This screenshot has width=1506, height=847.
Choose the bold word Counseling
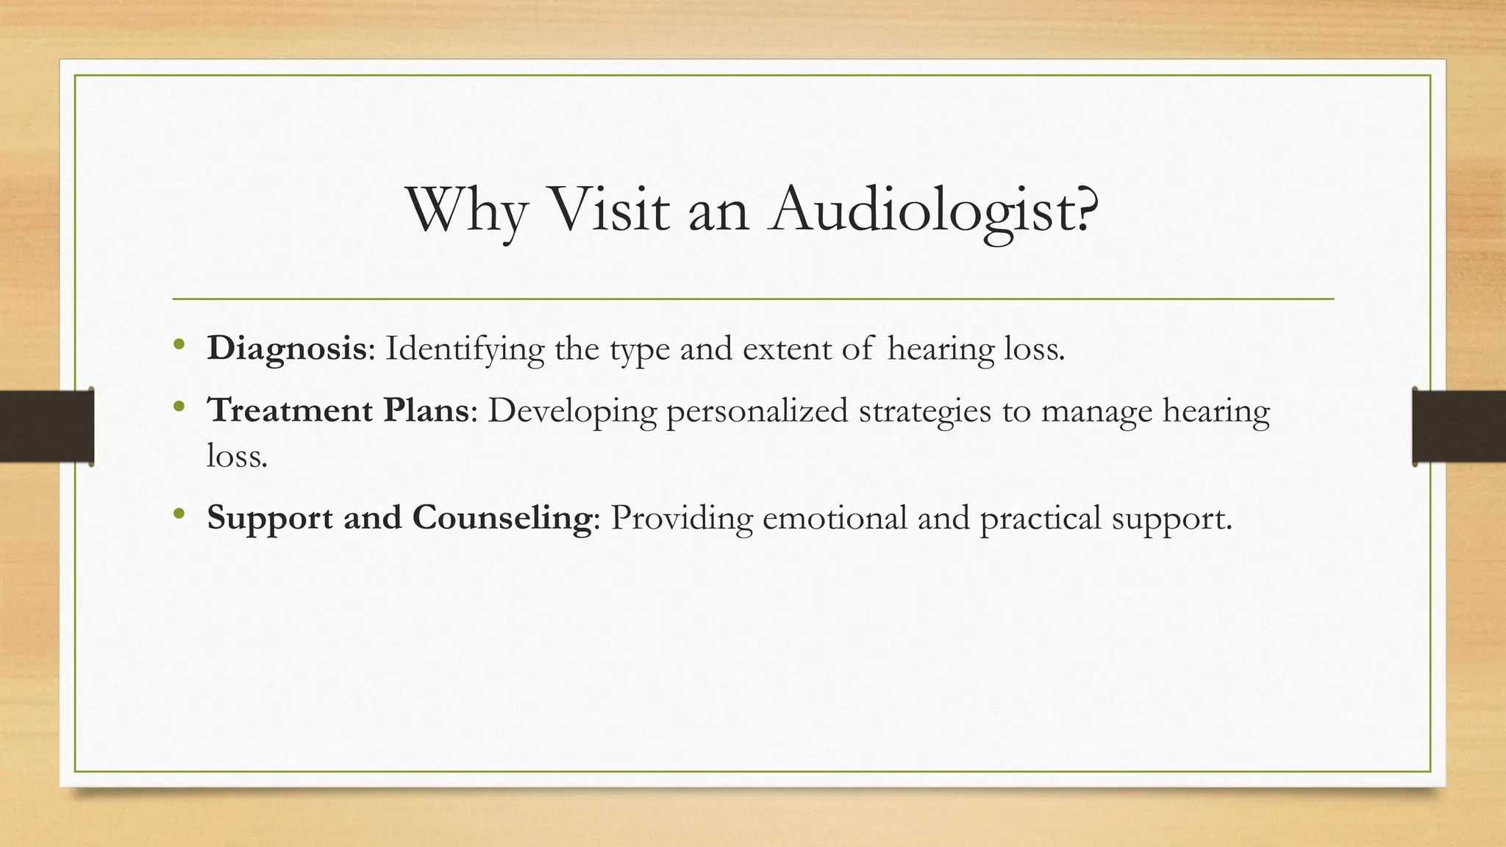(x=502, y=518)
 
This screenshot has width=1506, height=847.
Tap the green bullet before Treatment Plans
(x=179, y=406)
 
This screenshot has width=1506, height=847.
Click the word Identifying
(x=465, y=349)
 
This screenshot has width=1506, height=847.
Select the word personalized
(x=757, y=410)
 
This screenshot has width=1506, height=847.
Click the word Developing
(x=571, y=410)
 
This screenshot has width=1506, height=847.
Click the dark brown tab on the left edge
(x=46, y=426)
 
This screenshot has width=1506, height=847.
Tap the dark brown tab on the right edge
(x=1459, y=426)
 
